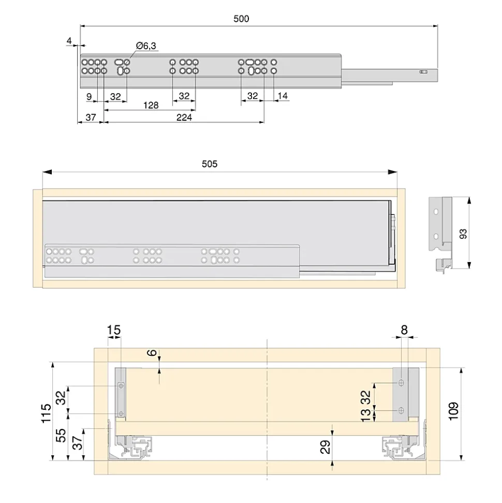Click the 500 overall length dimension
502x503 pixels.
click(x=241, y=19)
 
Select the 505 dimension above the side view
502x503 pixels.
click(x=209, y=164)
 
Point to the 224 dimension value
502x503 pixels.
click(x=184, y=118)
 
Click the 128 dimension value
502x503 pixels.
click(x=151, y=105)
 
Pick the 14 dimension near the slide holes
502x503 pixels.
click(x=283, y=96)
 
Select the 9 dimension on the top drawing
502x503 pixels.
click(x=89, y=96)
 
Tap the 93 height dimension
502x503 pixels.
click(x=463, y=234)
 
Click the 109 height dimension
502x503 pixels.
click(x=453, y=412)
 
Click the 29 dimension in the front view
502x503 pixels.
click(x=325, y=447)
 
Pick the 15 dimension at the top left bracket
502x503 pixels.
click(x=113, y=329)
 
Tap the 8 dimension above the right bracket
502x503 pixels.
click(x=404, y=329)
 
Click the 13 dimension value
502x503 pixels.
click(x=365, y=414)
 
